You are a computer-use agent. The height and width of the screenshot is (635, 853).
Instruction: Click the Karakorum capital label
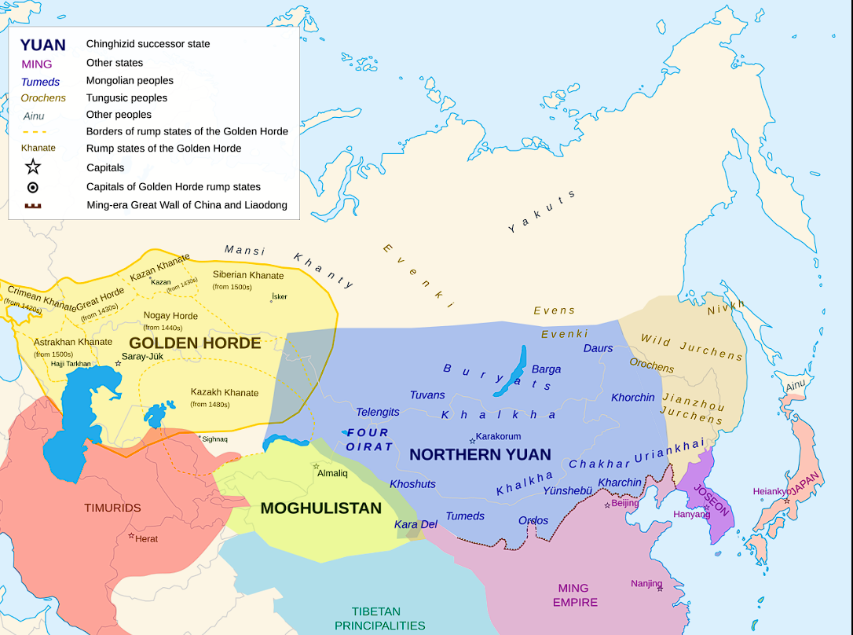[x=498, y=436]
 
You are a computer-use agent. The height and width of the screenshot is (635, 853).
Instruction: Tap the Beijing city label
[x=624, y=503]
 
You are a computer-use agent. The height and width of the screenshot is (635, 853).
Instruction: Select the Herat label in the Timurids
[x=146, y=538]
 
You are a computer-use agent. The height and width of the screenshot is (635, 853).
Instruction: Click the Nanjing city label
[x=646, y=583]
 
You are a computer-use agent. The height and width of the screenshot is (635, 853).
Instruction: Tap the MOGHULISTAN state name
[x=320, y=508]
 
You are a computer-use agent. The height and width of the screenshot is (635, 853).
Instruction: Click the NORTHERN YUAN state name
[x=480, y=454]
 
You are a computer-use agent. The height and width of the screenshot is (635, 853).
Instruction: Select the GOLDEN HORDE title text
[x=195, y=343]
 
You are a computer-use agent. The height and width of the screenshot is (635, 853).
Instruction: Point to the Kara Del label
[x=416, y=524]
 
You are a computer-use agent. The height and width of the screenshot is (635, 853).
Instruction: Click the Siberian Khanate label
[x=248, y=275]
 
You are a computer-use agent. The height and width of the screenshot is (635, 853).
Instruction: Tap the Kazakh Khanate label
[x=224, y=392]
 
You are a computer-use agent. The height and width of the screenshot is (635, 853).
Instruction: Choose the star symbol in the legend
[x=33, y=167]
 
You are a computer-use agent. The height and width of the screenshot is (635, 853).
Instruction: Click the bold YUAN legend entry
[x=42, y=45]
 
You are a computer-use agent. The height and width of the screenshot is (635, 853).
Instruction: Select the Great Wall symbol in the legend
[x=33, y=206]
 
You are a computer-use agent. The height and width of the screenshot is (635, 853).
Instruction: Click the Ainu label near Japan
[x=796, y=385]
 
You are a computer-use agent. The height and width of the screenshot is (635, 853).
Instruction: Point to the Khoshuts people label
[x=412, y=484]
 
